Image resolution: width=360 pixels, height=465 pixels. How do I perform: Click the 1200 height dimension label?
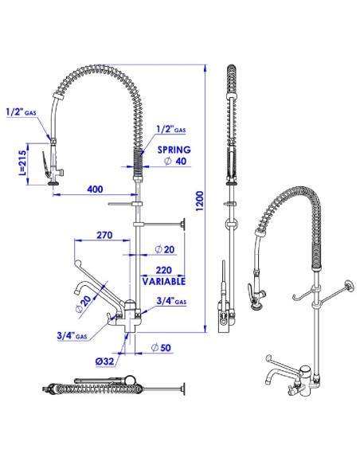coord(200,201)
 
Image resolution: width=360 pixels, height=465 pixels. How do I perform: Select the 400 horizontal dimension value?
coord(95,189)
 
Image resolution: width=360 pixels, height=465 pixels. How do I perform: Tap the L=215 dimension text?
coord(23,164)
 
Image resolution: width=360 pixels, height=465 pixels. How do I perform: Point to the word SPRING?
coord(174,150)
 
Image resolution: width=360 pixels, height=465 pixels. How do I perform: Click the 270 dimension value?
coord(104,235)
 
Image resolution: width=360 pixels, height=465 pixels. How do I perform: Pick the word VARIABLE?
coord(164,281)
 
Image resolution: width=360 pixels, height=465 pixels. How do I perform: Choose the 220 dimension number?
coord(164,270)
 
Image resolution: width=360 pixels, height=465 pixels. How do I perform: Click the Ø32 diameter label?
coord(104,361)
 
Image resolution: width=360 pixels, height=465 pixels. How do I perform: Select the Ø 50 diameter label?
coord(161,347)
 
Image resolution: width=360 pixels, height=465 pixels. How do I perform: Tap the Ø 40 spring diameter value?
coord(175,161)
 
